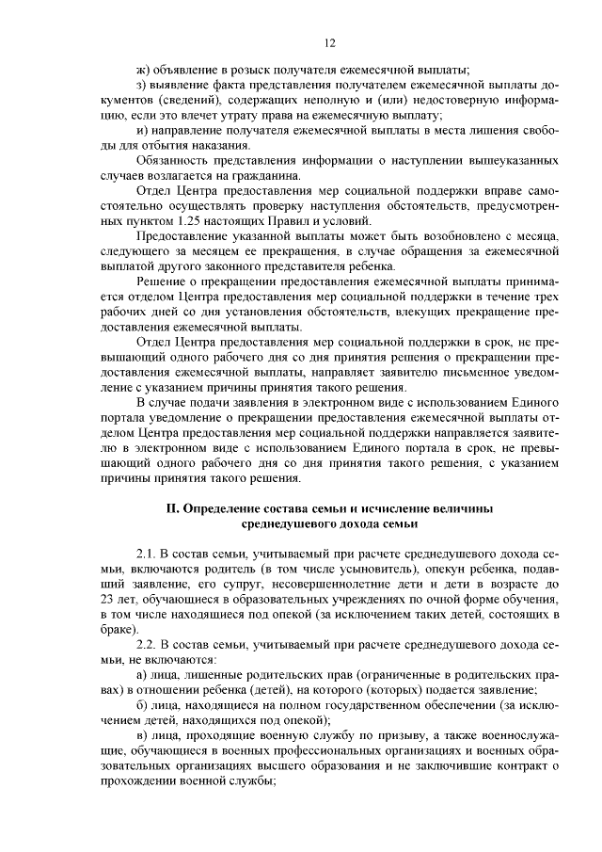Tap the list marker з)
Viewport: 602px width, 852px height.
coord(142,85)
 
